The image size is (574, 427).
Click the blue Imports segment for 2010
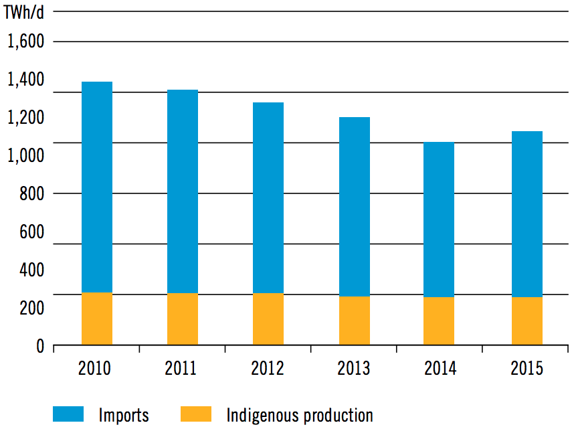[97, 187]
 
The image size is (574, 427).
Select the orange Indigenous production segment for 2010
[97, 319]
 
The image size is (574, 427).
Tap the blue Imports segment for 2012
[268, 197]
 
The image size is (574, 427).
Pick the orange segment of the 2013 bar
[355, 321]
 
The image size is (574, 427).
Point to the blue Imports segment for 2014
[439, 220]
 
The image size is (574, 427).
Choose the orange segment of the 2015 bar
[527, 321]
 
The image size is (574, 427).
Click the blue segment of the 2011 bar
[183, 191]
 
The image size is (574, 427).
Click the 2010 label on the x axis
[94, 368]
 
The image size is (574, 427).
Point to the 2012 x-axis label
[267, 368]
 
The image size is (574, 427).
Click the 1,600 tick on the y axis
[25, 41]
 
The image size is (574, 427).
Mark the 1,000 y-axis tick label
[25, 156]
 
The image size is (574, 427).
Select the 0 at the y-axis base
[40, 346]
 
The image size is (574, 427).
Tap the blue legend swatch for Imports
[67, 414]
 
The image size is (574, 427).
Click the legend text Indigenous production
[300, 415]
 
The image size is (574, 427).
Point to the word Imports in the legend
[123, 415]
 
